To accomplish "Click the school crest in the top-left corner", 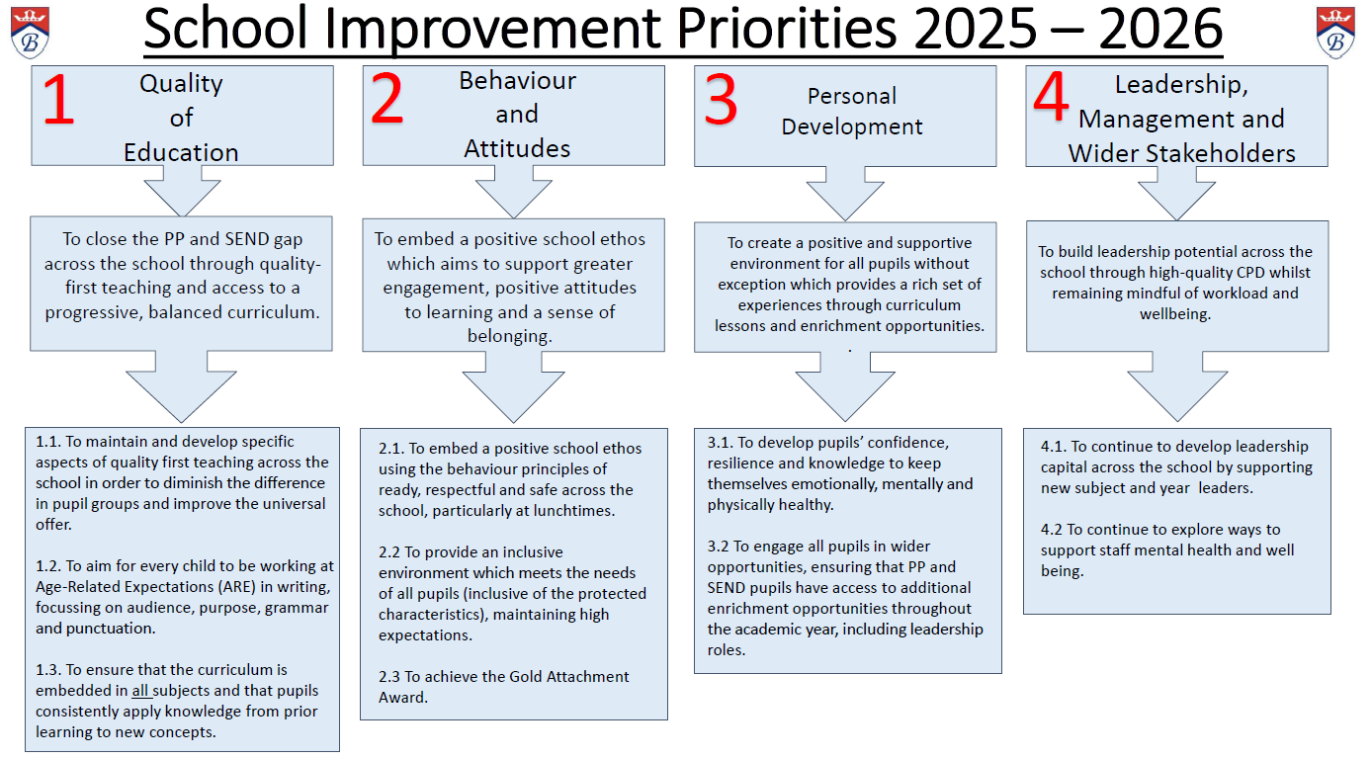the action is [30, 33].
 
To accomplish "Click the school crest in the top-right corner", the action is [1335, 33].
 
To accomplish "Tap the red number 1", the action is [58, 100].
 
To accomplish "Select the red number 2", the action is [386, 99].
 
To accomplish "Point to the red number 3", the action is [721, 100].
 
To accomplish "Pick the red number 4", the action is [1051, 96].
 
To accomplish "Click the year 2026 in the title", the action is [1160, 29].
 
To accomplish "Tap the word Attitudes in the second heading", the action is [517, 149].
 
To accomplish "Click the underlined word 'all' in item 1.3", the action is [140, 691].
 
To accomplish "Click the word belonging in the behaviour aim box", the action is [509, 337].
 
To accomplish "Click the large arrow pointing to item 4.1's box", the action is [1177, 386].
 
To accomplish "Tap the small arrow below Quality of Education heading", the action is [182, 191].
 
